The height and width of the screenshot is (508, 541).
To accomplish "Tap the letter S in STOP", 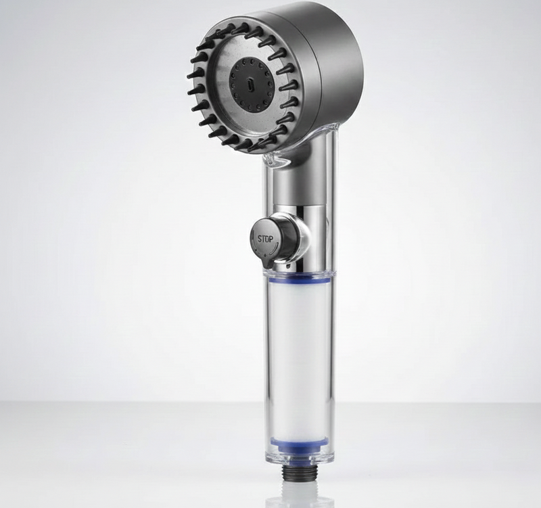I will (258, 237).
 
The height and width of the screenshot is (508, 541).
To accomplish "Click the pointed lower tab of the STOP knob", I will (266, 258).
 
